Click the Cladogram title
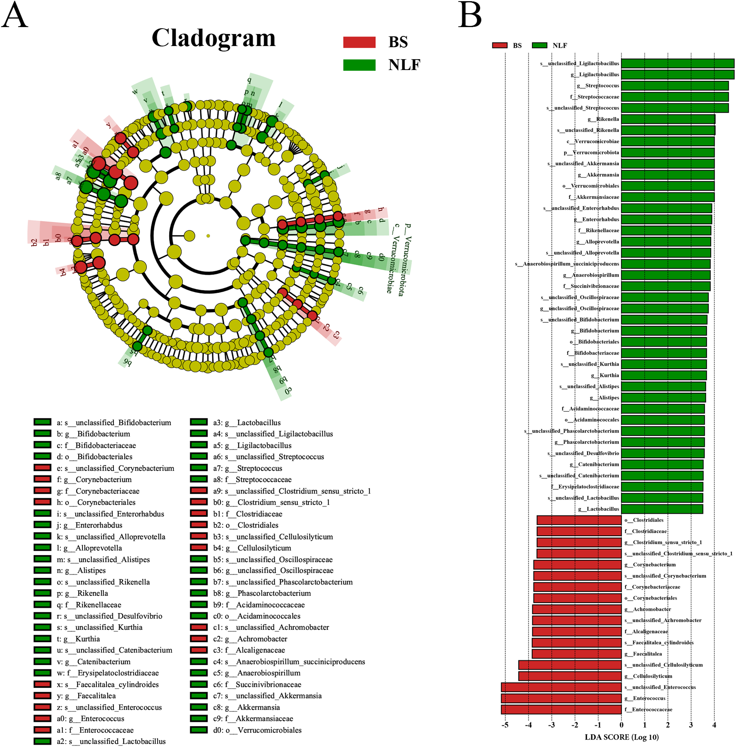[x=213, y=38]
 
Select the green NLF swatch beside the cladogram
[x=359, y=65]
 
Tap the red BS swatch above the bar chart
[x=499, y=45]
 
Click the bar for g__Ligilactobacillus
[x=678, y=74]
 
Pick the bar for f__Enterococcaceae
[x=561, y=709]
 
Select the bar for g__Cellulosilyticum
[x=570, y=676]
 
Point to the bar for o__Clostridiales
[x=579, y=520]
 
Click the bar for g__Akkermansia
[x=667, y=175]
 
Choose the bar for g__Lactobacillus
[x=662, y=509]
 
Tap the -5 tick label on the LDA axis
[x=505, y=725]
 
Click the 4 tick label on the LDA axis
[x=714, y=725]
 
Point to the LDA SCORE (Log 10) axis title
[x=621, y=737]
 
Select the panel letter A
[x=15, y=15]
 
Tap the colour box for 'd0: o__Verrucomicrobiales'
[x=199, y=730]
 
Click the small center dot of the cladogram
[x=208, y=236]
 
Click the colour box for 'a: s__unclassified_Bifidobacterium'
[x=42, y=422]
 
